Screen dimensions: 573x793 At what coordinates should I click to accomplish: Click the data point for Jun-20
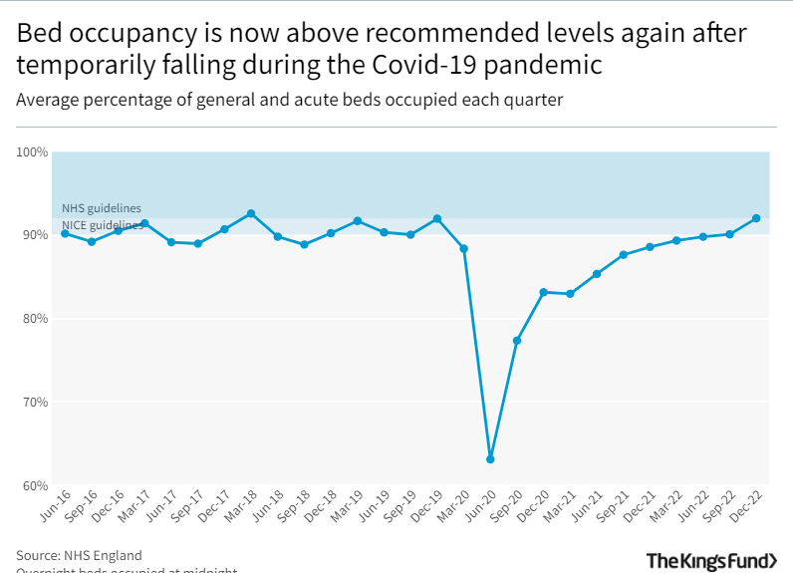click(490, 459)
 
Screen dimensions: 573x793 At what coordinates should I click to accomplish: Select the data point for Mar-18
click(251, 213)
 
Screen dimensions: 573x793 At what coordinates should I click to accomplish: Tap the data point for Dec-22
click(756, 218)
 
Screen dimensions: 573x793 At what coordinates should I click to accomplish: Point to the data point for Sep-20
click(517, 341)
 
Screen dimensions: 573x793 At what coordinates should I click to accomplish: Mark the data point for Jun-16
click(65, 233)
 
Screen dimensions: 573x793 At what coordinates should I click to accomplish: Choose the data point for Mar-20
click(463, 248)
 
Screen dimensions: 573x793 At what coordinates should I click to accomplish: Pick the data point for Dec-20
click(543, 292)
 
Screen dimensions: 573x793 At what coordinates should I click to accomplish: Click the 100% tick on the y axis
click(32, 152)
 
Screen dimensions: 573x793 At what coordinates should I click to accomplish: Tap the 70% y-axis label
click(35, 403)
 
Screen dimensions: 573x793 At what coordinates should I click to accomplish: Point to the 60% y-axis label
click(35, 486)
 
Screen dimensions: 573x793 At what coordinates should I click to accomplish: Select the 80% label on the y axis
click(35, 319)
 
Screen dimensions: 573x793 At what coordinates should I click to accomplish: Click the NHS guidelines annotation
click(101, 208)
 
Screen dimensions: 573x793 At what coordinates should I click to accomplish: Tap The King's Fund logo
click(711, 561)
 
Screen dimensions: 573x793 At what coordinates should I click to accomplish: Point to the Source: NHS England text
click(79, 555)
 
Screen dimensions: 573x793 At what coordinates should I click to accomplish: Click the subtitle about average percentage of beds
click(289, 101)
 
